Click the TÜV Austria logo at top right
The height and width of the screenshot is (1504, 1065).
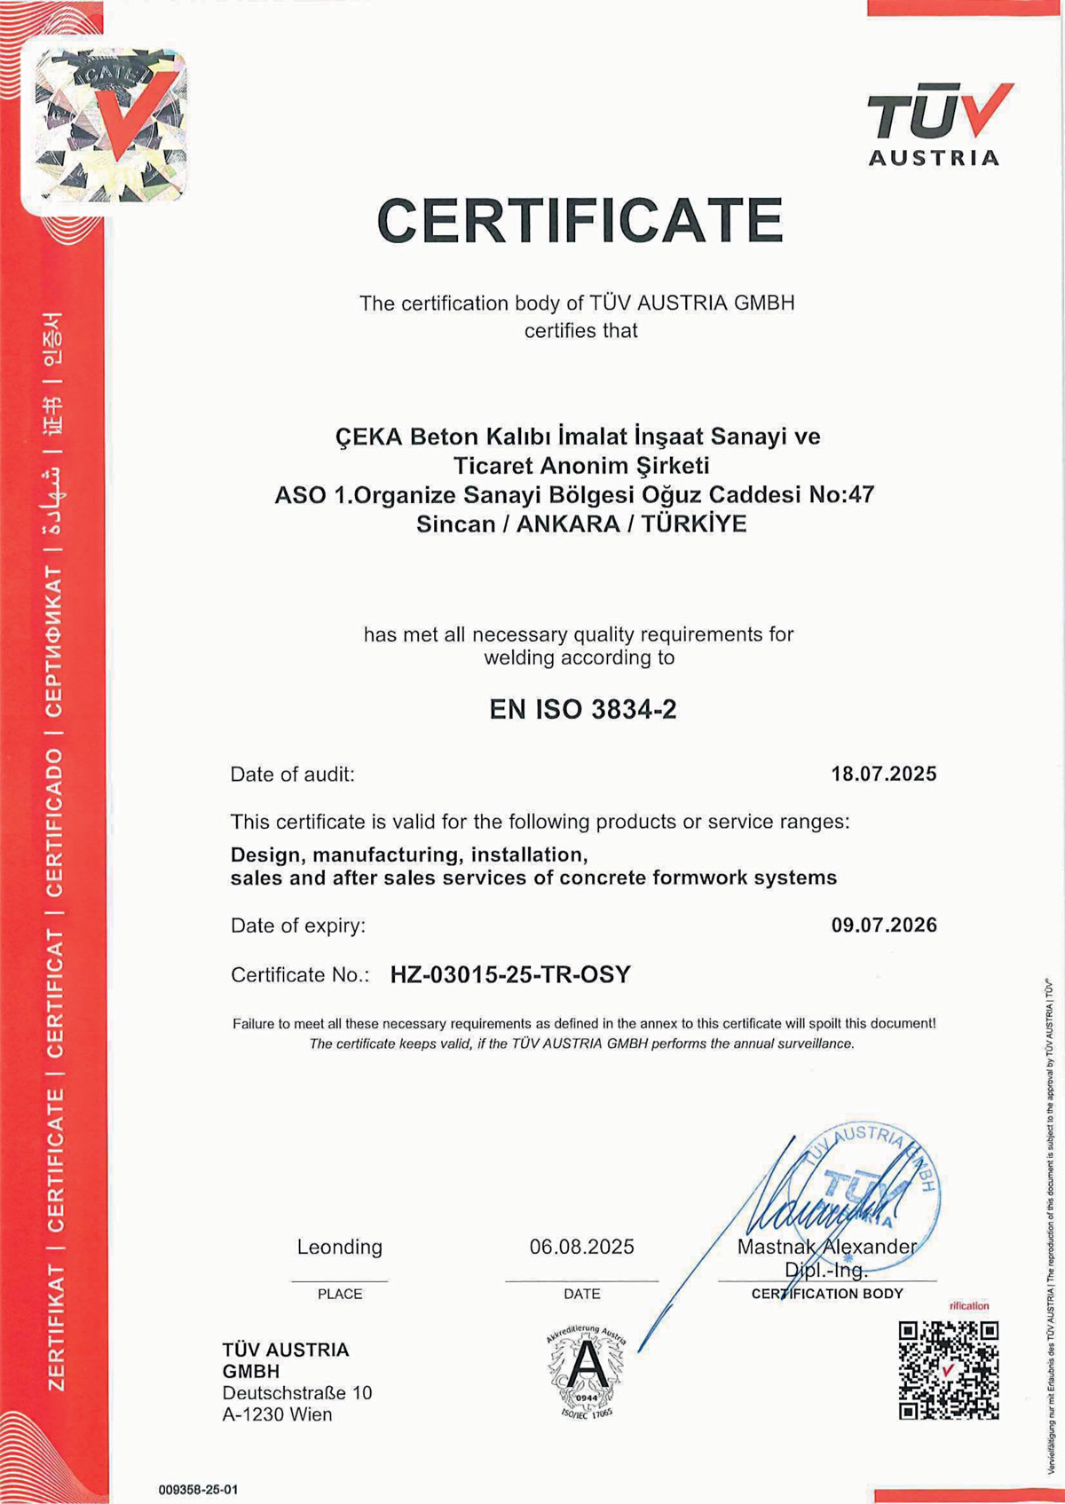click(937, 124)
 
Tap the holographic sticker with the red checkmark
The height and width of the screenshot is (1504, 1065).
click(111, 124)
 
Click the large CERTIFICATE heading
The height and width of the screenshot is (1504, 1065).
click(580, 221)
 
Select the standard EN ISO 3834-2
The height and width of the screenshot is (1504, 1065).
click(582, 710)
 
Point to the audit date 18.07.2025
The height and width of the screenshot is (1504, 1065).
click(883, 774)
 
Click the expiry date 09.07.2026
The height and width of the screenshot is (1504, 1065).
click(883, 925)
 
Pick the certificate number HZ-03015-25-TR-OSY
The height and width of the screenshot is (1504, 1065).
click(510, 975)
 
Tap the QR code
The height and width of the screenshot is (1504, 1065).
click(948, 1370)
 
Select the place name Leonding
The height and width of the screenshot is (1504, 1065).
click(339, 1247)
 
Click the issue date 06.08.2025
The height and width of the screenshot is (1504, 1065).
click(581, 1247)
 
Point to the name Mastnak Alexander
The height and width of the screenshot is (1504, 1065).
click(826, 1247)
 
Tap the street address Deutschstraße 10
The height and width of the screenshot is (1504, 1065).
click(297, 1393)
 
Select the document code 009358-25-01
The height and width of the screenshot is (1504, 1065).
click(198, 1489)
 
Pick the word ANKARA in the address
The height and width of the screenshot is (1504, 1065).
click(568, 524)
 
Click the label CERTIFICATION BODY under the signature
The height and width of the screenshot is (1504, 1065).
click(826, 1294)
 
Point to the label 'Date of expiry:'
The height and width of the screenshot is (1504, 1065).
click(298, 925)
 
